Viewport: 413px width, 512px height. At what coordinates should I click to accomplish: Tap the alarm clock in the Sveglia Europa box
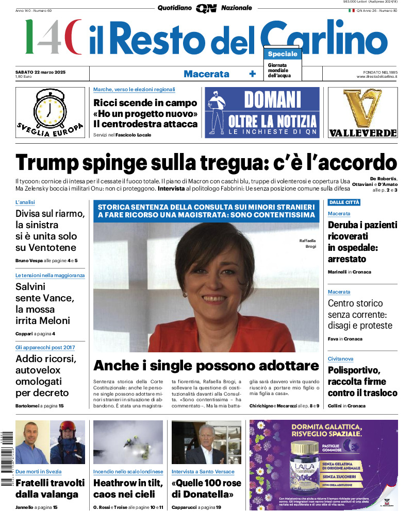coord(49,108)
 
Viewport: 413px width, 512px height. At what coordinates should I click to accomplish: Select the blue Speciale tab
coord(282,54)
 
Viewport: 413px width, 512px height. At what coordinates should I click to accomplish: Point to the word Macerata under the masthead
coord(206,74)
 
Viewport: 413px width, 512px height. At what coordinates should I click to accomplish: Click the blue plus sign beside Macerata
coord(252,74)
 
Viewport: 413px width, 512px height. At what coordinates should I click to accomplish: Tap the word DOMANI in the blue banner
coord(272,99)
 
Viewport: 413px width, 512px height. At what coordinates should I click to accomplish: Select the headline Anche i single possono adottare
coord(206,366)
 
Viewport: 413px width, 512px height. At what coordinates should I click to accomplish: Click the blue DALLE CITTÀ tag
coord(344,202)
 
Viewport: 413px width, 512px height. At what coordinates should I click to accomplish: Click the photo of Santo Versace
coord(206,443)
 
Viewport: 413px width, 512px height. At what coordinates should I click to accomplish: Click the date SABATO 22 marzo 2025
coord(44,71)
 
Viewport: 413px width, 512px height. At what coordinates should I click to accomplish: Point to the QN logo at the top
coord(206,8)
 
